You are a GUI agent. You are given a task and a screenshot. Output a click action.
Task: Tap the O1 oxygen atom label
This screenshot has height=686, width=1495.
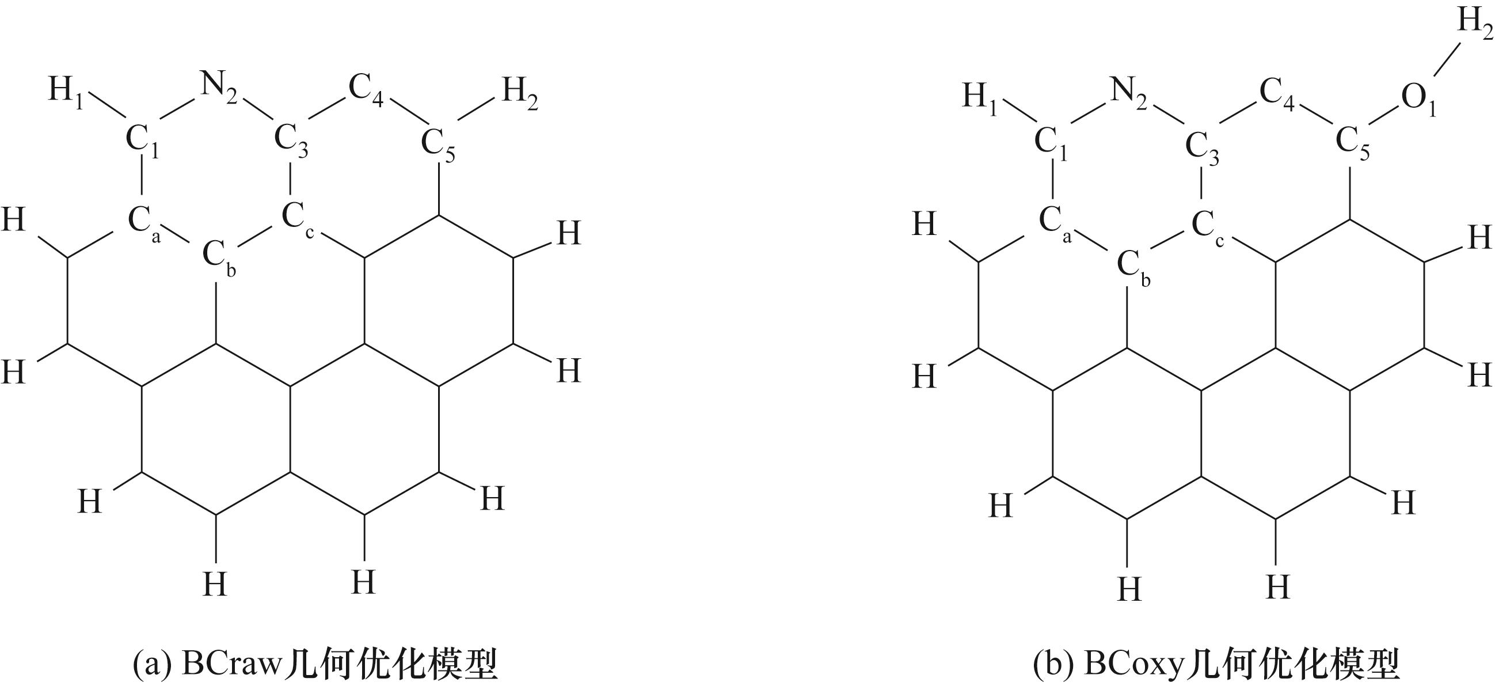click(x=1418, y=100)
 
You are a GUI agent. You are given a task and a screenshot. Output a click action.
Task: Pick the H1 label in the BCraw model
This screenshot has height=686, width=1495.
click(x=65, y=93)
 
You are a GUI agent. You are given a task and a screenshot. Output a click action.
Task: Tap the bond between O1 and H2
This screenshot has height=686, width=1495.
click(x=1447, y=59)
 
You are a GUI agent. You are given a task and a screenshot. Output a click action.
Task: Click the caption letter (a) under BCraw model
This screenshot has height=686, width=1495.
click(x=152, y=665)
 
